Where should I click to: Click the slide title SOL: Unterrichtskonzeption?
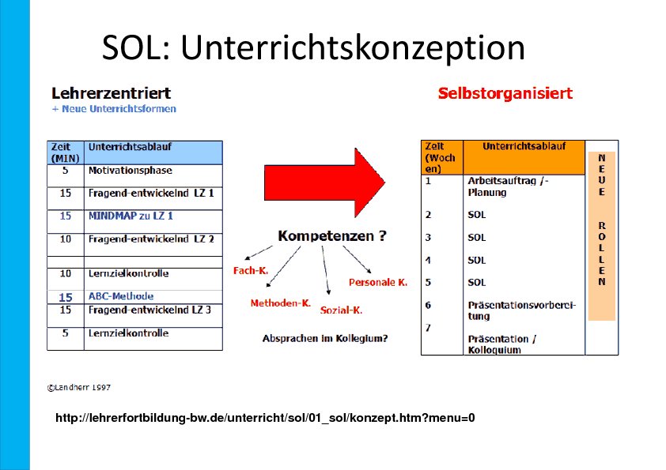coord(313,47)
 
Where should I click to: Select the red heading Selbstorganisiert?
coord(505,93)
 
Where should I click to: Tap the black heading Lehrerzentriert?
coord(112,93)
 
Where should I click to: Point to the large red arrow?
coord(324,182)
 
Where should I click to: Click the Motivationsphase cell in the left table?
coord(131,171)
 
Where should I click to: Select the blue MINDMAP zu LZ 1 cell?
coord(131,216)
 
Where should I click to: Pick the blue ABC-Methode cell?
coord(121,296)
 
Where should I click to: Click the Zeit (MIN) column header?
coord(66,152)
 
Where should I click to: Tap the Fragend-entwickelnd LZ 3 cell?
coord(149,310)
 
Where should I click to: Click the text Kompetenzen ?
coord(332,236)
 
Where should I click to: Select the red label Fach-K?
coord(251,271)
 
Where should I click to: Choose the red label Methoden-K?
coord(281,303)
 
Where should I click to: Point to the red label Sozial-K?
coord(341,310)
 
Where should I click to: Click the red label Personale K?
coord(378,283)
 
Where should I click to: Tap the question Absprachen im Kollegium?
coord(325,339)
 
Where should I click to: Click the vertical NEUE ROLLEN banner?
coord(602,236)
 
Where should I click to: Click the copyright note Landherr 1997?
coord(79,388)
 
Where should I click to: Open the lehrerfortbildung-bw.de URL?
coord(265,418)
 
